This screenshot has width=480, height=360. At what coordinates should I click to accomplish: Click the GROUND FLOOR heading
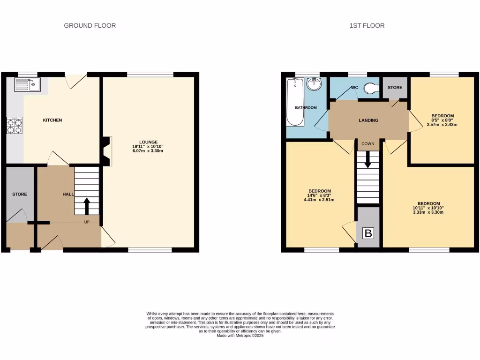(90, 25)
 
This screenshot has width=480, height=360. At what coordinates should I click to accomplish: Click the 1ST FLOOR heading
(367, 25)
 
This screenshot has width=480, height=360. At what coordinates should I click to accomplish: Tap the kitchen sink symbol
(28, 85)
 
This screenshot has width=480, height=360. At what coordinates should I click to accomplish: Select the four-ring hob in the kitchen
(14, 125)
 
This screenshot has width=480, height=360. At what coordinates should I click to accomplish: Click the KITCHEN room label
(52, 120)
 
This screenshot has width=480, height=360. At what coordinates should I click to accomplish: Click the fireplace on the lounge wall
(107, 151)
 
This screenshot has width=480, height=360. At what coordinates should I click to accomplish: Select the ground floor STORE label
(20, 194)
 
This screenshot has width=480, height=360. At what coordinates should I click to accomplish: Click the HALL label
(68, 194)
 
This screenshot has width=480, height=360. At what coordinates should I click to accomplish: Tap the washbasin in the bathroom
(314, 85)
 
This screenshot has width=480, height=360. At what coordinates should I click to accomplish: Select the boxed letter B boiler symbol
(368, 233)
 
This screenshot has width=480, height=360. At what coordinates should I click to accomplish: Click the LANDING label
(368, 120)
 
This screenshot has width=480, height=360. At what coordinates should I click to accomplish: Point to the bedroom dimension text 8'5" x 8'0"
(442, 120)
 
